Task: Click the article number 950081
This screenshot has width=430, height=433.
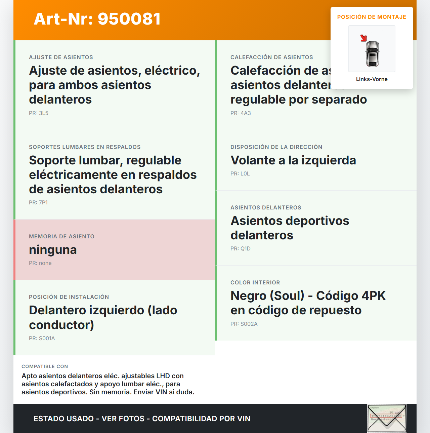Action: click(129, 19)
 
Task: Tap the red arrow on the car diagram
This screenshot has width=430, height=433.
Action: click(363, 38)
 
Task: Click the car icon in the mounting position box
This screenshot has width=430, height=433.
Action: click(372, 53)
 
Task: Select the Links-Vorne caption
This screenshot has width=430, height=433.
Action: click(372, 79)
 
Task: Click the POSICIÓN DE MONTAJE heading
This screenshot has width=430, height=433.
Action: click(372, 17)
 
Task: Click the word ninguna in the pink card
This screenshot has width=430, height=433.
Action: click(53, 250)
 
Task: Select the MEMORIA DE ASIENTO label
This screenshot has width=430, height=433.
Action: click(61, 237)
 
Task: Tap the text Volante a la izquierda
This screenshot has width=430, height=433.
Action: click(293, 160)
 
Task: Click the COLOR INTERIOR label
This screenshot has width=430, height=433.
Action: click(255, 283)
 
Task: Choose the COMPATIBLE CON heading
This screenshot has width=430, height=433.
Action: click(45, 366)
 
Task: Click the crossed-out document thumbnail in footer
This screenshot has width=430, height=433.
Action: click(387, 419)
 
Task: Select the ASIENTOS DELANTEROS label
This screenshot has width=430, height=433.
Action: click(266, 208)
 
